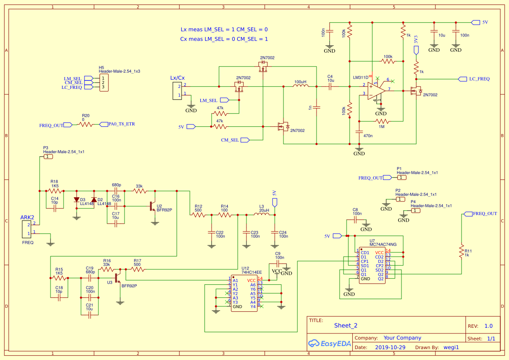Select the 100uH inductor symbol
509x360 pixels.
(300, 87)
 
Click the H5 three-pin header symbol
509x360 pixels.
(104, 83)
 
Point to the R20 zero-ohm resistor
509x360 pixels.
(86, 124)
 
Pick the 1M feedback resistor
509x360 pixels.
(381, 121)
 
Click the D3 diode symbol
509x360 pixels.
(77, 200)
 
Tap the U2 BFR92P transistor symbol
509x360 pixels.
(152, 206)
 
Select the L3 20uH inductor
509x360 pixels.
(262, 214)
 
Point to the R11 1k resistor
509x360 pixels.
(461, 251)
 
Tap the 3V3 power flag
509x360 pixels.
(416, 48)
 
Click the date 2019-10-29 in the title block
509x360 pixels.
(390, 347)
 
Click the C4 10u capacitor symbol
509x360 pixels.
(330, 87)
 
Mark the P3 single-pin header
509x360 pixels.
(48, 156)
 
